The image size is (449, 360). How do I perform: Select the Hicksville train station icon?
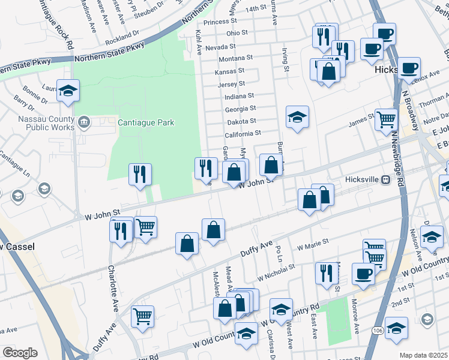[x=387, y=179]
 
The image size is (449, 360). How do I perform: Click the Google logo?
[x=20, y=353]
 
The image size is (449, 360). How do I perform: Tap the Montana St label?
[x=235, y=59]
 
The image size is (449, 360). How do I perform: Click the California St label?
[x=243, y=133]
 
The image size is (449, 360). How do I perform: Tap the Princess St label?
[x=217, y=22]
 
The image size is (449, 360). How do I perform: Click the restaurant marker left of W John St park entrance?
[x=140, y=175]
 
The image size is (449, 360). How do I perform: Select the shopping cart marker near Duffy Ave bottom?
[x=142, y=316]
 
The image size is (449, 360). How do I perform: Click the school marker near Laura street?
[x=68, y=91]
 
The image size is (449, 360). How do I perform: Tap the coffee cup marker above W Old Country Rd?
[x=363, y=274]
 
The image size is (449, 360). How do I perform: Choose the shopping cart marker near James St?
[x=386, y=119]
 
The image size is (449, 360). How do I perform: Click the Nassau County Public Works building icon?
[x=84, y=122]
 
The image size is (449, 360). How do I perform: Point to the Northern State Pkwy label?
[x=110, y=59]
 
